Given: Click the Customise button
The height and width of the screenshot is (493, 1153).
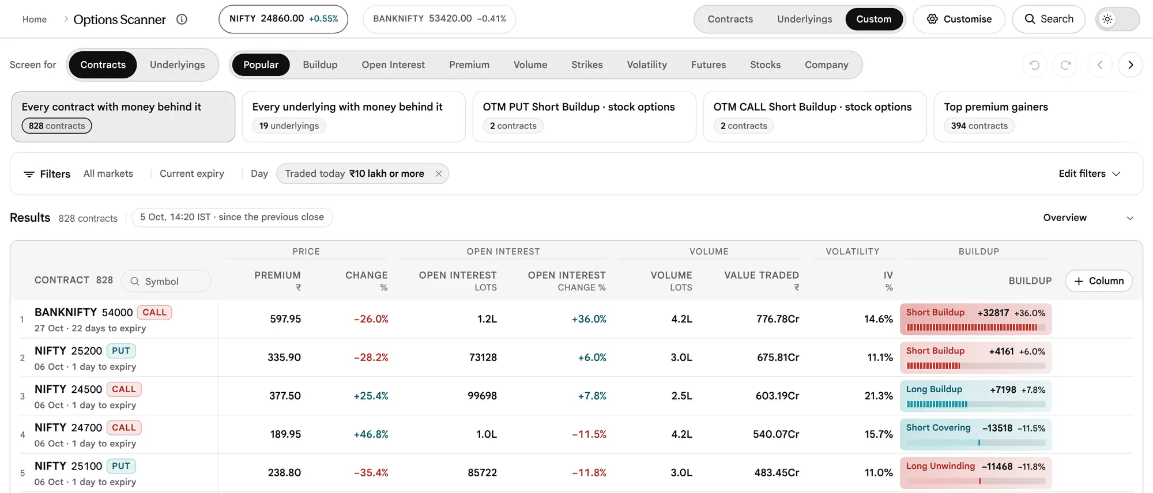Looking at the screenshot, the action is coord(959,19).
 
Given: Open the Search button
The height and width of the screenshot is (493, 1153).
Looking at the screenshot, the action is coord(1049,19).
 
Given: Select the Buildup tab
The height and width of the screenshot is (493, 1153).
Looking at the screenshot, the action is coord(320,65).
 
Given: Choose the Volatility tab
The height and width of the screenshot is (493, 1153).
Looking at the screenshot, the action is coord(647,65).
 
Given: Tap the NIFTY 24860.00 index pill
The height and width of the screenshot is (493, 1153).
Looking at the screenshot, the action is coord(283,19).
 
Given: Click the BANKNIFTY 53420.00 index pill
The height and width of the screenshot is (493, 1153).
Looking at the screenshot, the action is coord(439,19).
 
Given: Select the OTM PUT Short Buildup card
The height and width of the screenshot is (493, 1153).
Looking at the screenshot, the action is coord(584,116).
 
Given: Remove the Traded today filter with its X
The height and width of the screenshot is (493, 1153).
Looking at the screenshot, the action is coord(439,174).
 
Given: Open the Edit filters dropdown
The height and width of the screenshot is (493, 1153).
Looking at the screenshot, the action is coord(1089,174).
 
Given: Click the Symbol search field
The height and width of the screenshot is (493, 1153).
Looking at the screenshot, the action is coord(166,281).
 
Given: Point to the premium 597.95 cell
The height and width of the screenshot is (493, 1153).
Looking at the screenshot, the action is coord(285,319).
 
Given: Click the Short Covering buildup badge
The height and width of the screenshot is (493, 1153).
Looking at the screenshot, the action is coord(975,434).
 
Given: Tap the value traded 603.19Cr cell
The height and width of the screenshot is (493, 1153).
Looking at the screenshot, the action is coord(777,396).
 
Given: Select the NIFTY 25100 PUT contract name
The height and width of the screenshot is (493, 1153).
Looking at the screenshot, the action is coord(85,466).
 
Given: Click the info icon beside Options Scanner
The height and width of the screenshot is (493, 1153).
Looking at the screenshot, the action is coord(182,19).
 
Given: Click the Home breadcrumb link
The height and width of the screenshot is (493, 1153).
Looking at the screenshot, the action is coord(35,19).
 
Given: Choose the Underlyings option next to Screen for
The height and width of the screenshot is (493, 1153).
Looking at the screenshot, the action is coord(177,65).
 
